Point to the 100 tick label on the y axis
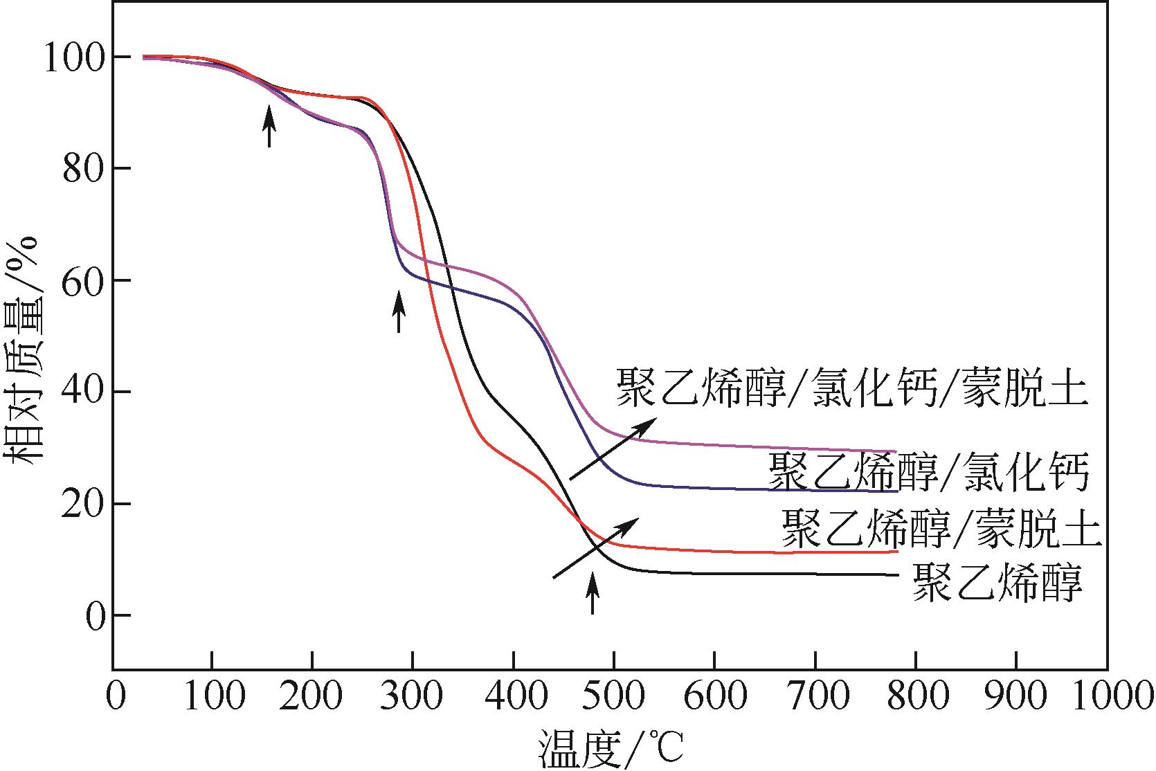click(x=75, y=58)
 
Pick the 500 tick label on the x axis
click(x=613, y=698)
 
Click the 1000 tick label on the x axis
click(x=1110, y=698)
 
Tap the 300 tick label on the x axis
click(x=413, y=698)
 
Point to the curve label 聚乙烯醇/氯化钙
click(x=929, y=473)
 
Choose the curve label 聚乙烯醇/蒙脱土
click(x=941, y=529)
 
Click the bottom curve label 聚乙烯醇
click(x=997, y=582)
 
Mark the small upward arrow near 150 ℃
click(x=269, y=126)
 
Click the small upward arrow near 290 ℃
click(x=398, y=311)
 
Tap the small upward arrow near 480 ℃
click(x=592, y=593)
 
